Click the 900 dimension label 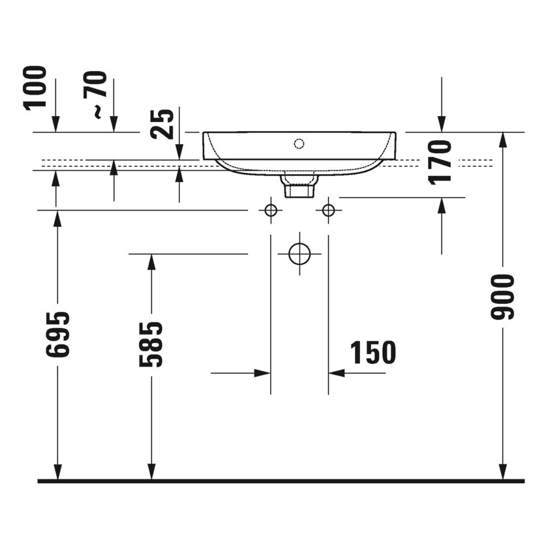pyautogui.click(x=503, y=297)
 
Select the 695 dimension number pyautogui.click(x=57, y=335)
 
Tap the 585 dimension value pyautogui.click(x=151, y=344)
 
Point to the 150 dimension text pyautogui.click(x=373, y=353)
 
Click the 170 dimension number pyautogui.click(x=442, y=162)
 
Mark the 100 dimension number pyautogui.click(x=37, y=87)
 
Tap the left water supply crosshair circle pyautogui.click(x=271, y=210)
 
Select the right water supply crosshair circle pyautogui.click(x=328, y=210)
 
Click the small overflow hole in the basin pyautogui.click(x=299, y=143)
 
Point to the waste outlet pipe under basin pyautogui.click(x=299, y=186)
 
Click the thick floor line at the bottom pyautogui.click(x=280, y=481)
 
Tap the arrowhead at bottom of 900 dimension pyautogui.click(x=503, y=472)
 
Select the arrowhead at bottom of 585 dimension pyautogui.click(x=151, y=472)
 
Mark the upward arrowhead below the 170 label pyautogui.click(x=442, y=205)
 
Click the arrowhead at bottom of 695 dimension pyautogui.click(x=57, y=472)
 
